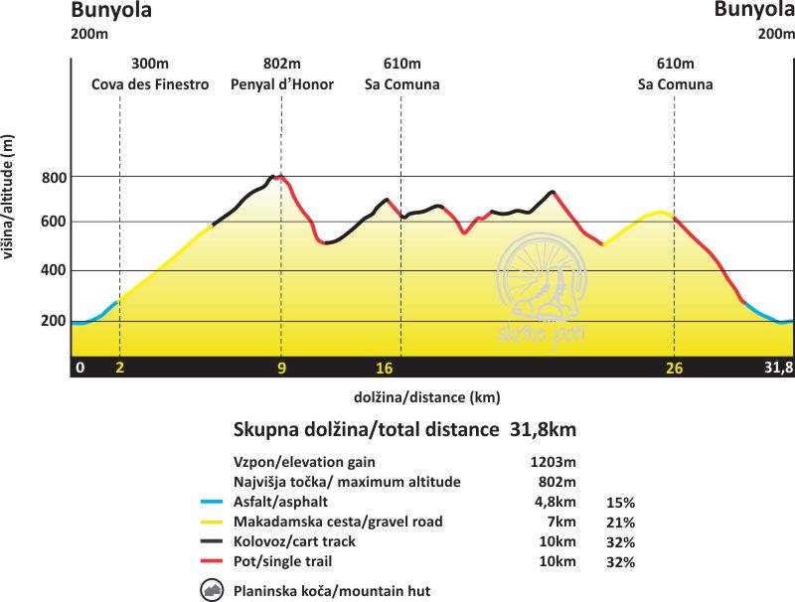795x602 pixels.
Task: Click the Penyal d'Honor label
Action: click(x=282, y=84)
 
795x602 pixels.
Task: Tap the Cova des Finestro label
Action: click(x=150, y=84)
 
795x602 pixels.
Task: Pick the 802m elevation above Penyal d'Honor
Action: click(x=282, y=63)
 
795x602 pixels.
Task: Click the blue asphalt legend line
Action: click(x=213, y=502)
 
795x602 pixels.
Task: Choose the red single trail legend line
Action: click(x=213, y=561)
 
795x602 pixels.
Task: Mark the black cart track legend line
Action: click(x=213, y=541)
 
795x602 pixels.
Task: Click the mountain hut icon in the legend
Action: click(x=213, y=590)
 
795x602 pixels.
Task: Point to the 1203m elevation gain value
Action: click(x=555, y=462)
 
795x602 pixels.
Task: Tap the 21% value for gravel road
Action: click(x=620, y=522)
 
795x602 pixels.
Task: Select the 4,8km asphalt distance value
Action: click(x=555, y=502)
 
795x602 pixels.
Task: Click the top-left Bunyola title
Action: click(x=110, y=12)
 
